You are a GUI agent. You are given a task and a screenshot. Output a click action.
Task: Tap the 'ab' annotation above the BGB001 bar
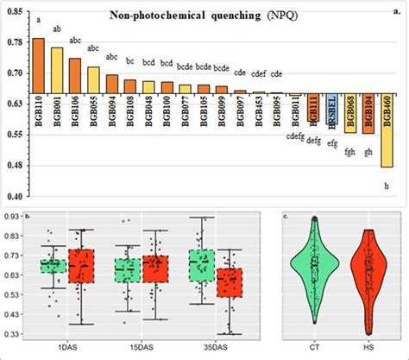coord(57,30)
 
